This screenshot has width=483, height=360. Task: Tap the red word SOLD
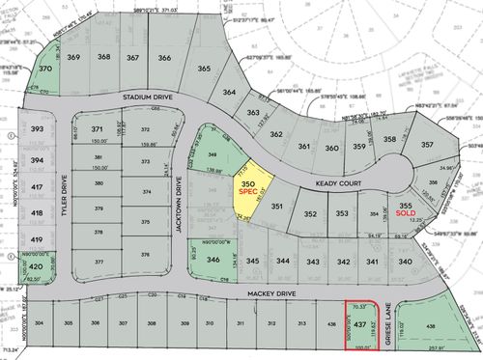pos(407,215)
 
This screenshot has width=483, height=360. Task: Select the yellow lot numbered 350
pos(247,183)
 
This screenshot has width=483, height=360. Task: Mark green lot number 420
pos(36,266)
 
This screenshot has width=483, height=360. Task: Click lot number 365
pos(204,69)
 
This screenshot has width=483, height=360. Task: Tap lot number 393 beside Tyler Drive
pos(37,128)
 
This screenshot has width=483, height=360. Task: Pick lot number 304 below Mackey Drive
pos(39,323)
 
